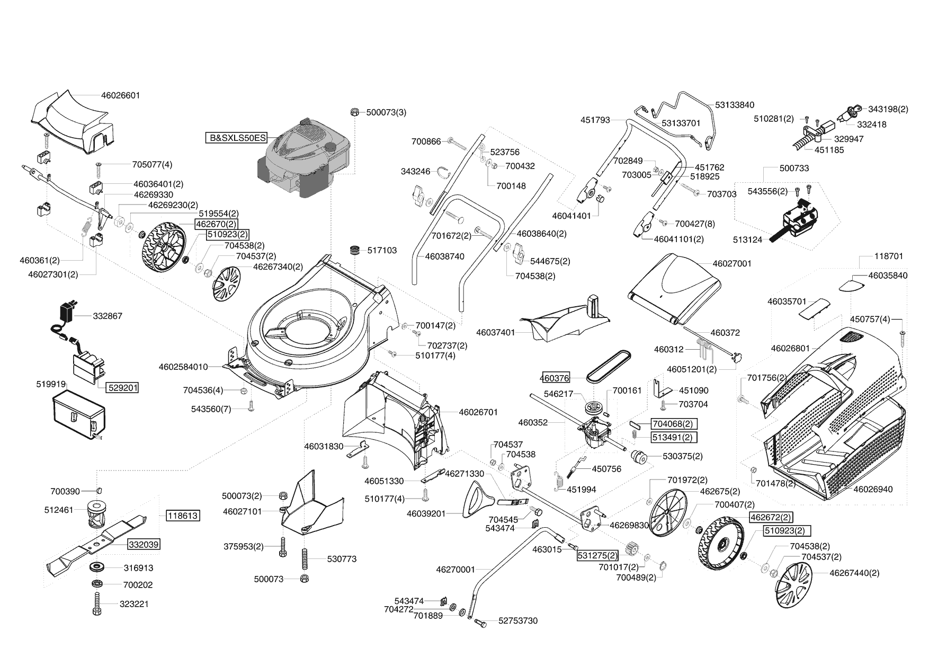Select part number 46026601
coord(120,95)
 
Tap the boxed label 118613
coord(183,516)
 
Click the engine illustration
coord(305,159)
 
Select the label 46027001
coord(732,263)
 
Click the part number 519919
coord(51,384)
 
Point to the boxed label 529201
coord(122,388)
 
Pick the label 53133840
coord(735,105)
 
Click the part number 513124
coord(747,239)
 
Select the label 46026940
coord(873,489)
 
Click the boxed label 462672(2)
coord(771,517)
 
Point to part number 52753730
coord(517,620)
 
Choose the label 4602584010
coord(183,367)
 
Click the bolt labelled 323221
coord(97,604)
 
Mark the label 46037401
coord(496,333)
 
